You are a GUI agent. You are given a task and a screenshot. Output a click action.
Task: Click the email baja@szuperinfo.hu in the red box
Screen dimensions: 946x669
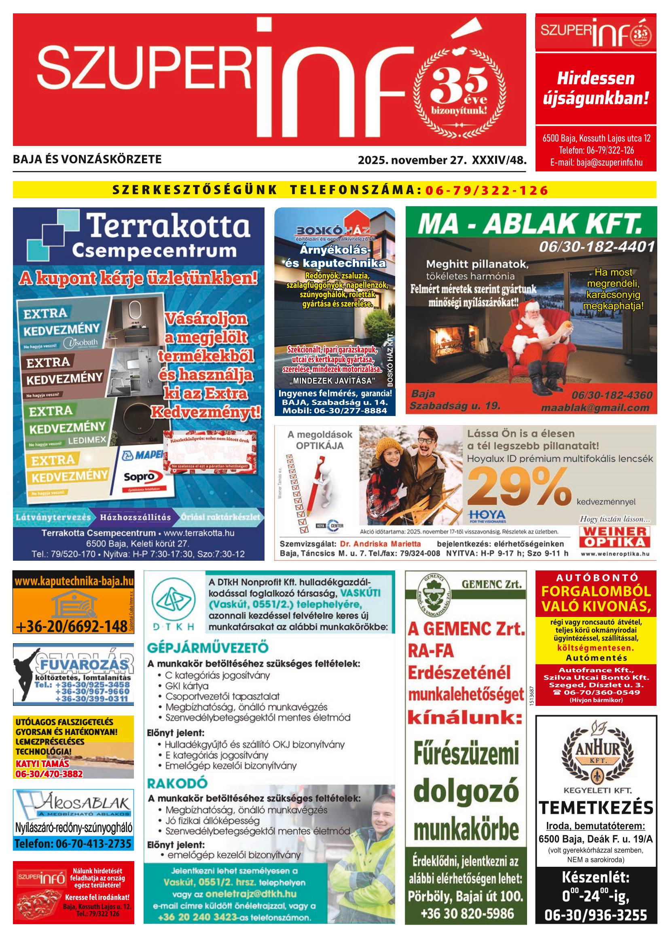click(596, 163)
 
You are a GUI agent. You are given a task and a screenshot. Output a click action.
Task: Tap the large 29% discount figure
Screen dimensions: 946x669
click(519, 488)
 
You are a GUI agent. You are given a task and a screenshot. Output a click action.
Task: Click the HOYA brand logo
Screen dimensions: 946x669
click(487, 515)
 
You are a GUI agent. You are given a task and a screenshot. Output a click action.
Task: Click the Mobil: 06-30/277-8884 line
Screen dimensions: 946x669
click(335, 411)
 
